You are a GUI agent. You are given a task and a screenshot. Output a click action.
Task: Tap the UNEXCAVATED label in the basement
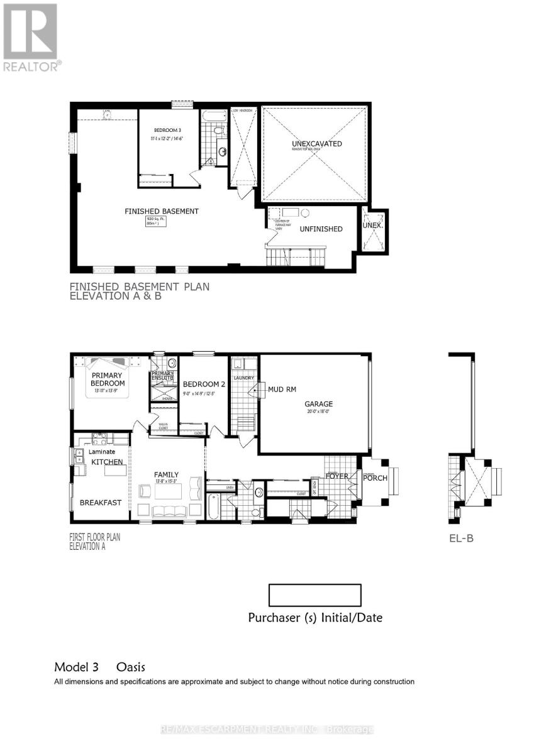317,144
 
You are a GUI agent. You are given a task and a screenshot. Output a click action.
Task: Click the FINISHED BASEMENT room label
162,211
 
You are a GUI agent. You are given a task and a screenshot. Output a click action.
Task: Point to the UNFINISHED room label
321,229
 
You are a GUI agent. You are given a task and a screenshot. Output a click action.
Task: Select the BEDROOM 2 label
204,384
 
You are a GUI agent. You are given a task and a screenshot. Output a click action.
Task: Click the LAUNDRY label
243,378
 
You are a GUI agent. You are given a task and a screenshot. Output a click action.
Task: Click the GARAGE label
320,404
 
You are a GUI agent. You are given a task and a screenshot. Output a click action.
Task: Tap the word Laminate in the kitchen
101,451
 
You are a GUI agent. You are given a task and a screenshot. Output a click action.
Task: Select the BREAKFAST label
101,503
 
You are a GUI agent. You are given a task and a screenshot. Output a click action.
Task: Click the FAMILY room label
167,474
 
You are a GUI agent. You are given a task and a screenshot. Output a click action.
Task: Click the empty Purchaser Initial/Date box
314,595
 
